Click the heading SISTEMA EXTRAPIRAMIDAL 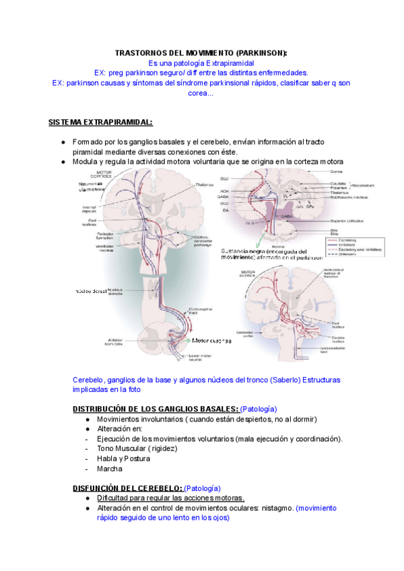(x=100, y=123)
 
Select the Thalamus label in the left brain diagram (x=186, y=185)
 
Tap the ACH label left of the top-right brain (x=224, y=191)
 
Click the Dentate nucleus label (x=341, y=339)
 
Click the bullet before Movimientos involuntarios (x=88, y=419)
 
